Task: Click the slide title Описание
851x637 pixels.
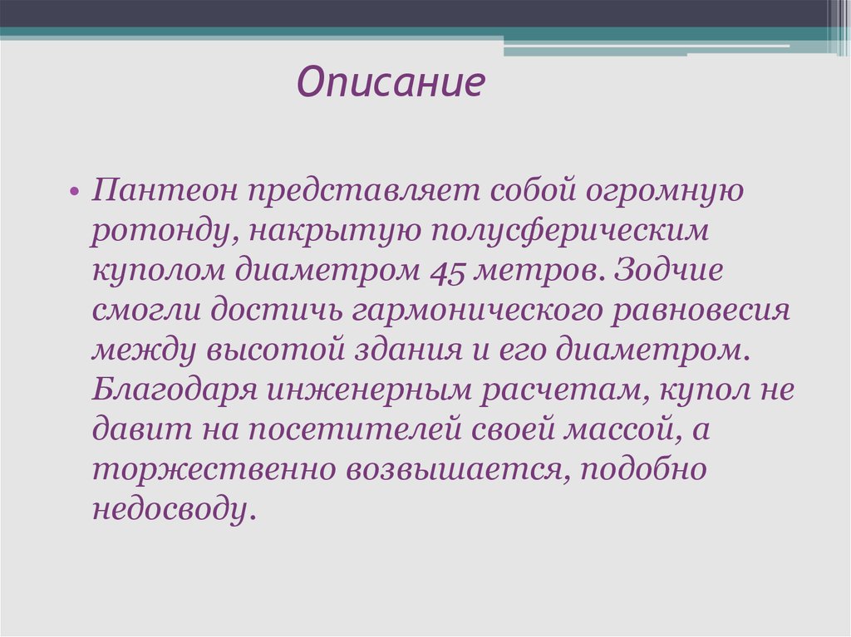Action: click(x=391, y=82)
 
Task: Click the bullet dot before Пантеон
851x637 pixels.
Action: click(x=74, y=192)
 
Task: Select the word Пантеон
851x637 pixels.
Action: click(x=165, y=190)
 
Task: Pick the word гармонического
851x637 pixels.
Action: click(x=478, y=311)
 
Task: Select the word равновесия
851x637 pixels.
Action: click(x=700, y=311)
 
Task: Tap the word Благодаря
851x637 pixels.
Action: click(x=175, y=390)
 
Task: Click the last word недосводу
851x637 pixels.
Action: click(x=173, y=509)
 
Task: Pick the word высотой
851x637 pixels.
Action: click(x=275, y=350)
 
